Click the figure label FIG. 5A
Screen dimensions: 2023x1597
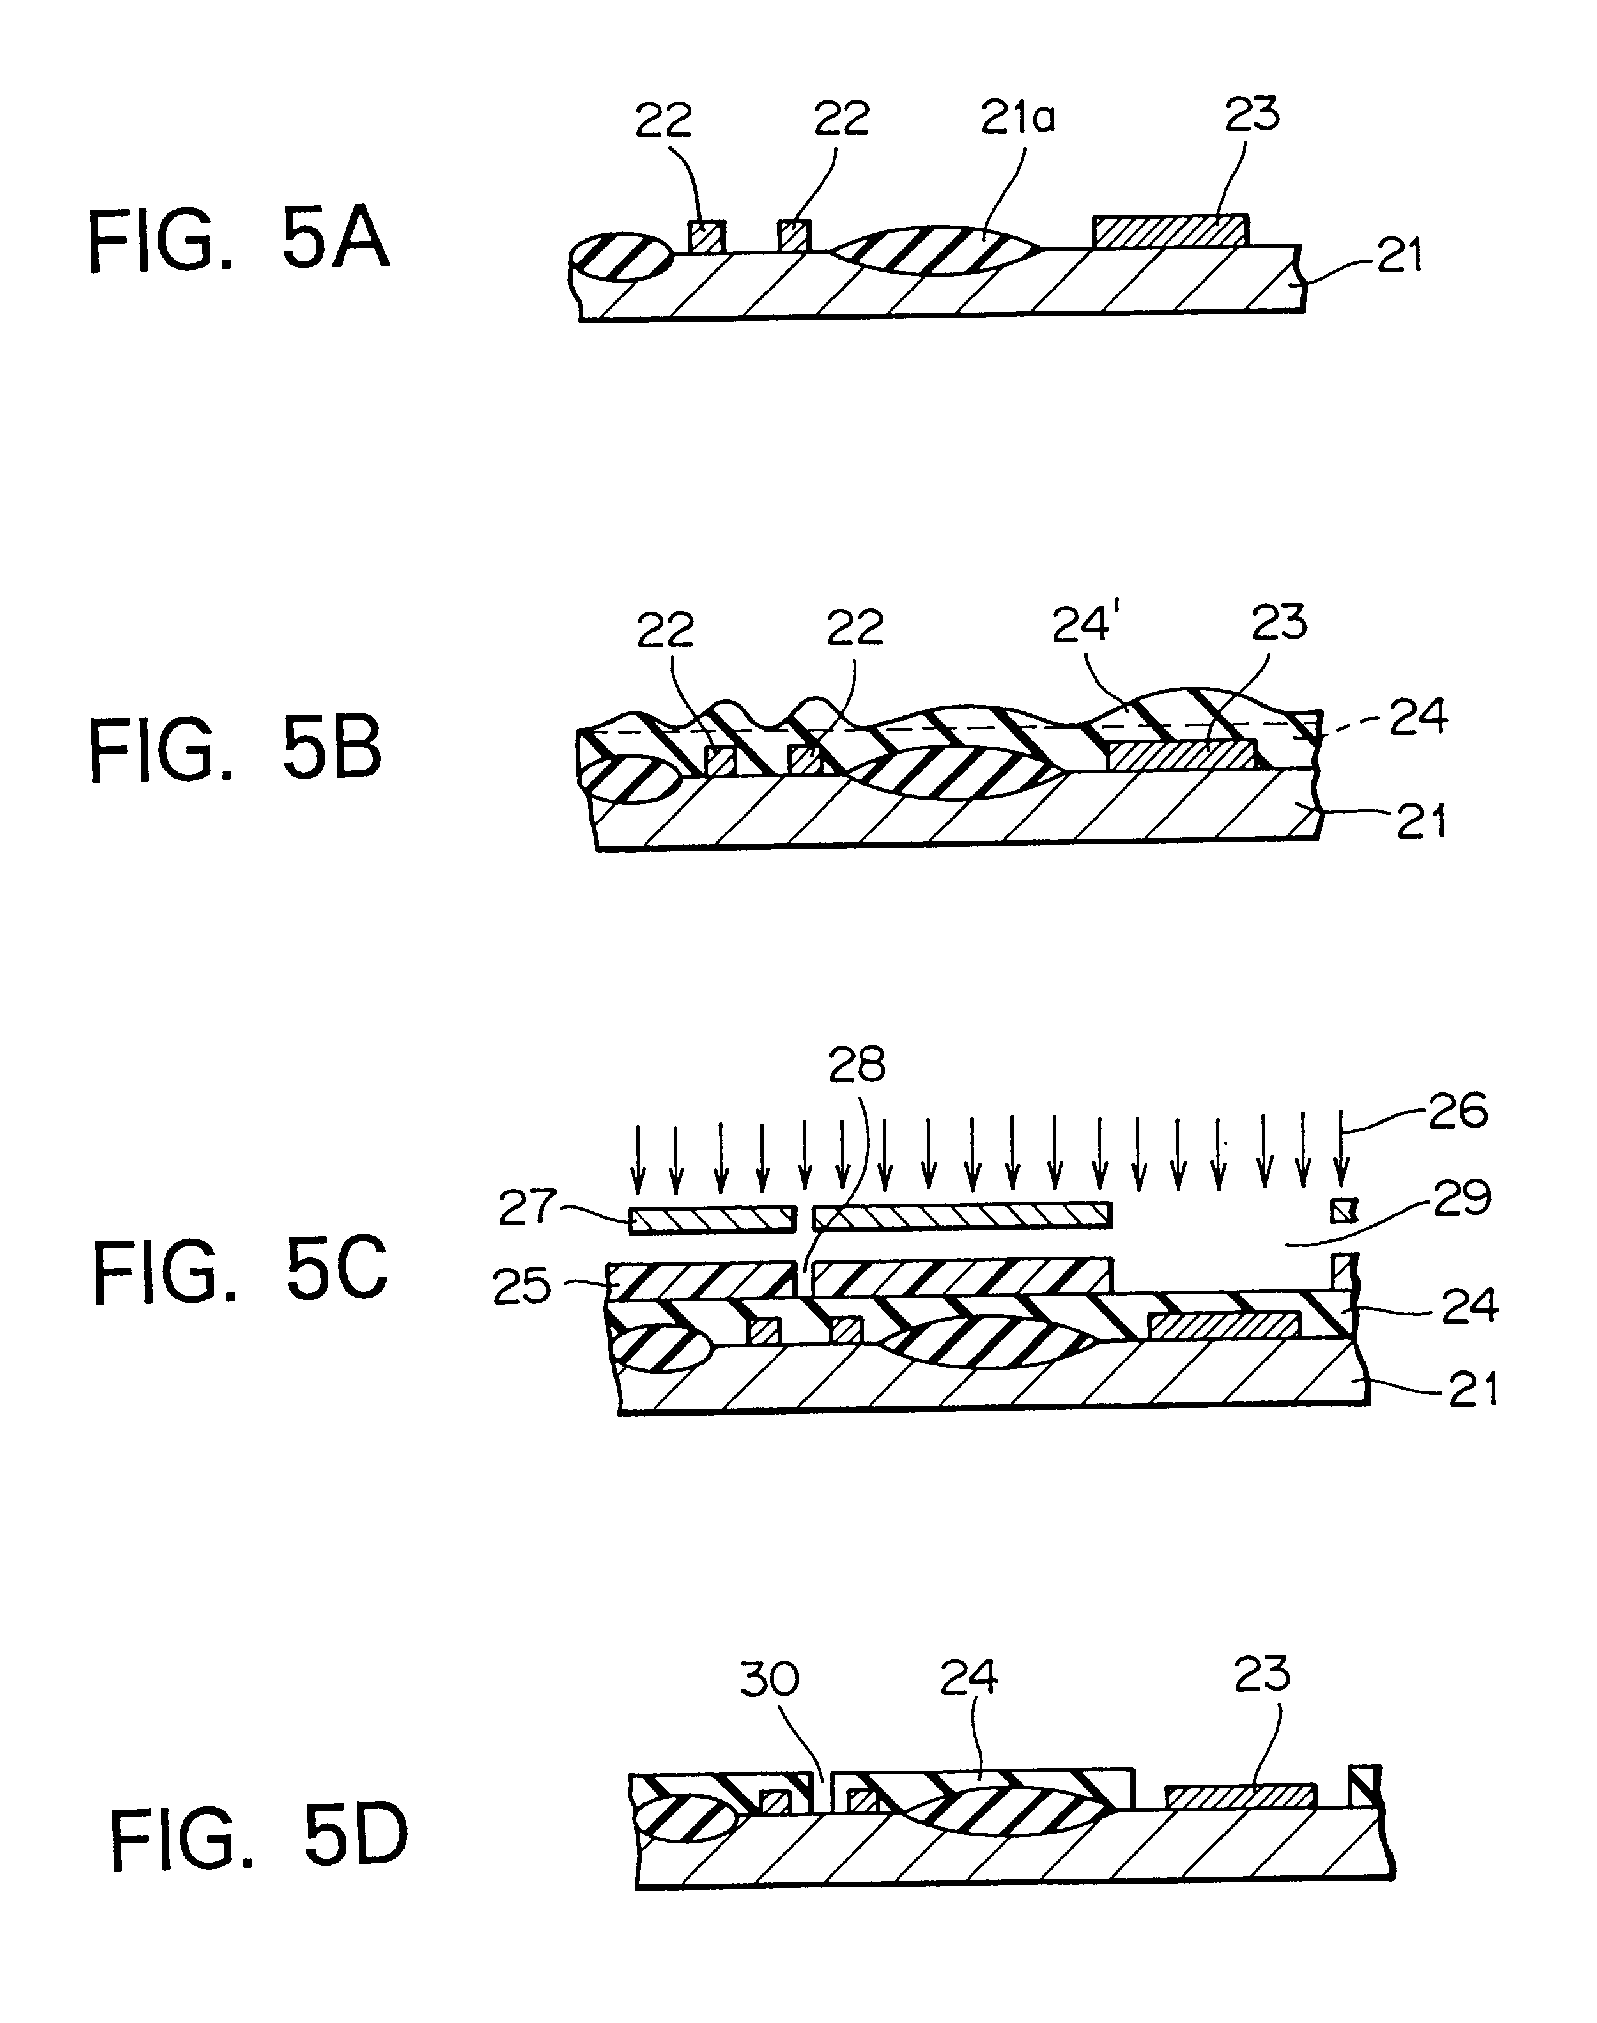238,242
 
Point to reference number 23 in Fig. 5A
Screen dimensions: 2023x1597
1251,114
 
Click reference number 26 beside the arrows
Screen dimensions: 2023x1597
1458,1113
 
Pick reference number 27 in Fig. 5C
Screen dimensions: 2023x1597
527,1207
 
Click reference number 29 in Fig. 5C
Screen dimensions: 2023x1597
1462,1198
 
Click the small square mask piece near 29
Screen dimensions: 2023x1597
1342,1212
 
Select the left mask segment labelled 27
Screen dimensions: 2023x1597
713,1219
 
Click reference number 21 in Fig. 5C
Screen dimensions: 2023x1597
1474,1390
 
